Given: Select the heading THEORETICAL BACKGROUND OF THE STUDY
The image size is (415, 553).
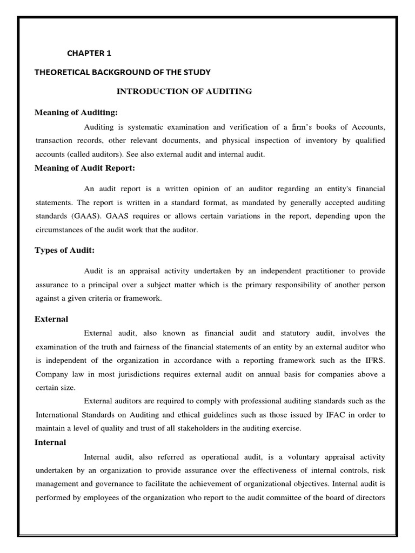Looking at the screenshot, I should [123, 72].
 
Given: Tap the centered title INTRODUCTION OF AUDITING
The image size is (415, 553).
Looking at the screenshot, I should [184, 91].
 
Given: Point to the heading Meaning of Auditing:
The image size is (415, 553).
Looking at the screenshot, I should [76, 112].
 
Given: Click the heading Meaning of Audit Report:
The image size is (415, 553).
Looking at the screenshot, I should [85, 168].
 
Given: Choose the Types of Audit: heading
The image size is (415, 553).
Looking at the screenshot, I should [65, 250].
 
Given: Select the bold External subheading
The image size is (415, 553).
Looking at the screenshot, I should [51, 319].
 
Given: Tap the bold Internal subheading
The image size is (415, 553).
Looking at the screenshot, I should [50, 442].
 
